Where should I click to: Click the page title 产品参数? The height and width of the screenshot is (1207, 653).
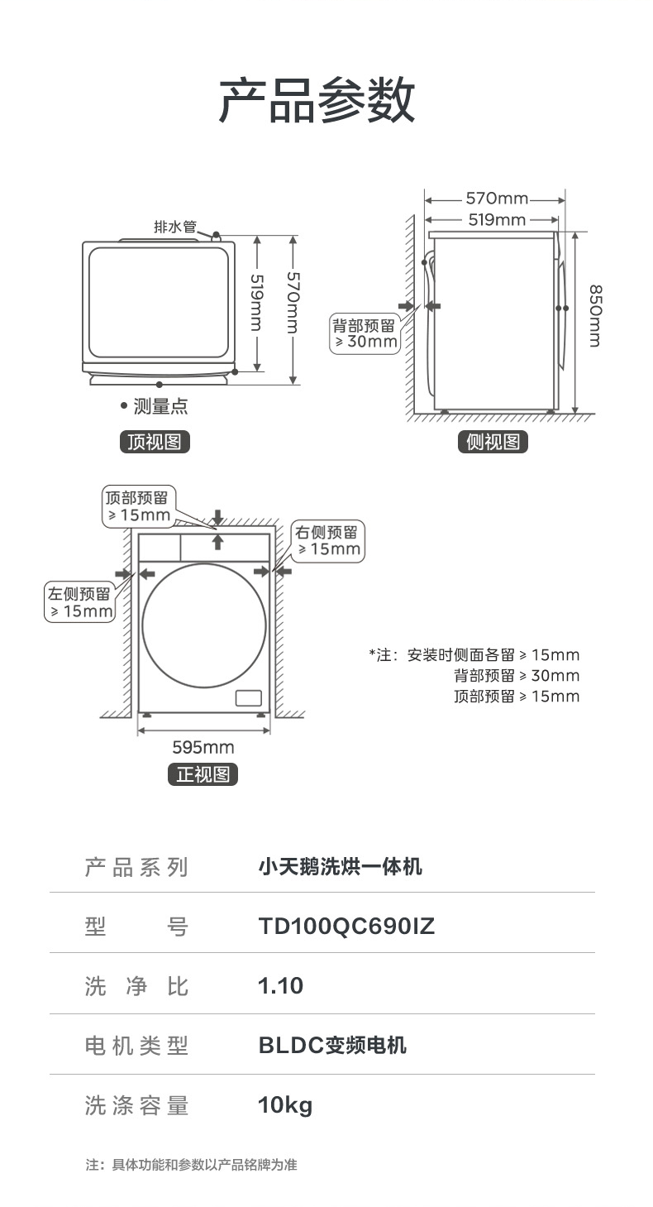[317, 100]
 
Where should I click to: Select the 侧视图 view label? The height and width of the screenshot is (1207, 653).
[493, 442]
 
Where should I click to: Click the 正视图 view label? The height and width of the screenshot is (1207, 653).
[203, 774]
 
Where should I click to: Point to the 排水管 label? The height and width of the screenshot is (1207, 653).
[175, 226]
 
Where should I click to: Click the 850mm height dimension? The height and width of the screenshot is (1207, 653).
[594, 316]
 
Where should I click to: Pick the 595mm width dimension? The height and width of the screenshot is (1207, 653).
[203, 748]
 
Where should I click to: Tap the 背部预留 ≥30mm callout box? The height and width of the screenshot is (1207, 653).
[364, 333]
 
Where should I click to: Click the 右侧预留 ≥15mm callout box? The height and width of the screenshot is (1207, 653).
[328, 541]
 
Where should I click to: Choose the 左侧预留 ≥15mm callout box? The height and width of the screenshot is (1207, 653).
[79, 602]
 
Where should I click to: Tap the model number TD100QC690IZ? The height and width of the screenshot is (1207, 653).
[346, 927]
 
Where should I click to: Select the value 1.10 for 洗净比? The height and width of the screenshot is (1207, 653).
[281, 986]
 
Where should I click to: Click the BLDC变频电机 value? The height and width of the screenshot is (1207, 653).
[332, 1045]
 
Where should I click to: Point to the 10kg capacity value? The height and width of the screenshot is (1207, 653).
[285, 1105]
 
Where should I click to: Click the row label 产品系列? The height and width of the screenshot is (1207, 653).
[137, 867]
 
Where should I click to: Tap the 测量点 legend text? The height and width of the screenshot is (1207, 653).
[160, 406]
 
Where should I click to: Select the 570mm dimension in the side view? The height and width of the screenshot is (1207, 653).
[496, 199]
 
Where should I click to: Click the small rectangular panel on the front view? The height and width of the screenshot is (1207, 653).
[248, 697]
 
